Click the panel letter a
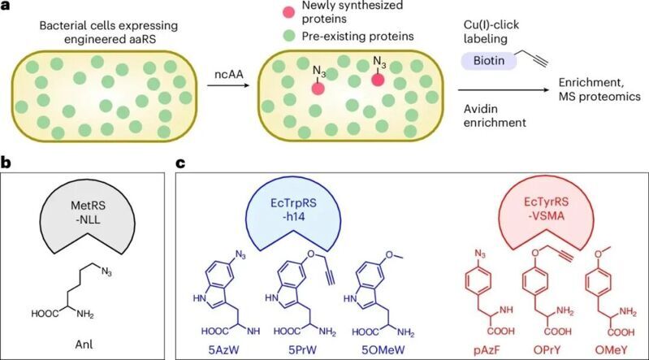tap(6, 7)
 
